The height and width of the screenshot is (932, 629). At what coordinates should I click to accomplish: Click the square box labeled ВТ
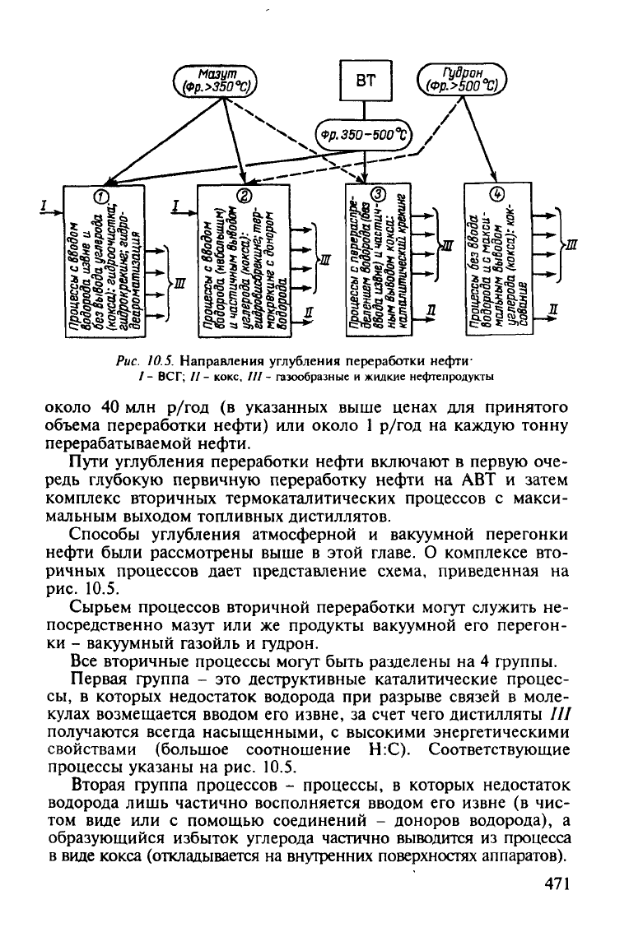pos(366,81)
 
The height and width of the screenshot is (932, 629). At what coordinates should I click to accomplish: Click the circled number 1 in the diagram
pos(102,194)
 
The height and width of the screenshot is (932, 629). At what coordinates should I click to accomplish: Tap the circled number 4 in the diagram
pos(497,194)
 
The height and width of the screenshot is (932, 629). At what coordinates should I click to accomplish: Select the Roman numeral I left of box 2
pos(176,205)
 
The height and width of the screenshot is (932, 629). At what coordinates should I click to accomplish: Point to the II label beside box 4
pos(554,309)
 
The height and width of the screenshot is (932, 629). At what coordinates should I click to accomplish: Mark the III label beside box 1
pos(179,285)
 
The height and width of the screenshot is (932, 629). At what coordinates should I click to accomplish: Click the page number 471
pos(557,883)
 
